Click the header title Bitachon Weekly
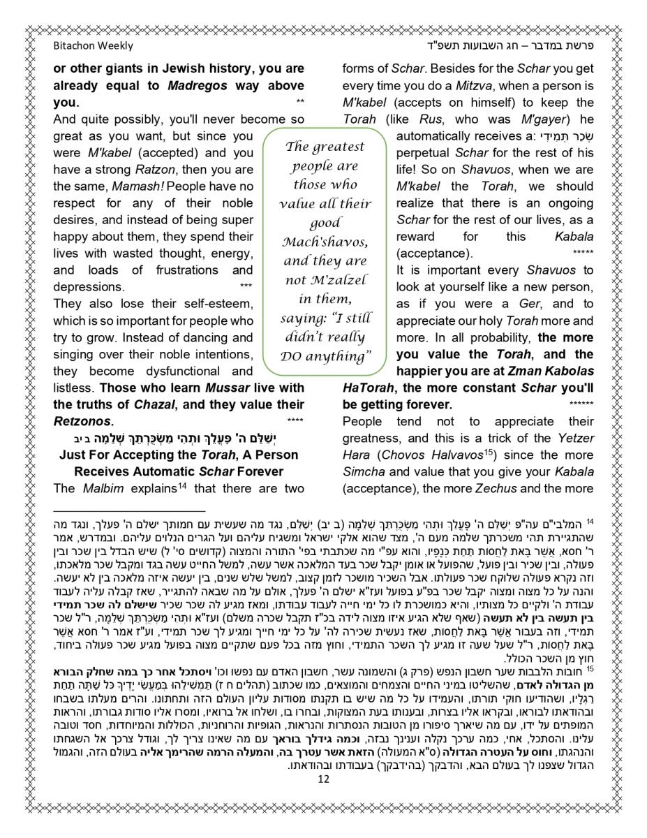93,46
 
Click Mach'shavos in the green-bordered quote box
325,242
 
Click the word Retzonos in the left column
82,421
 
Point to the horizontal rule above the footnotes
129,511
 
